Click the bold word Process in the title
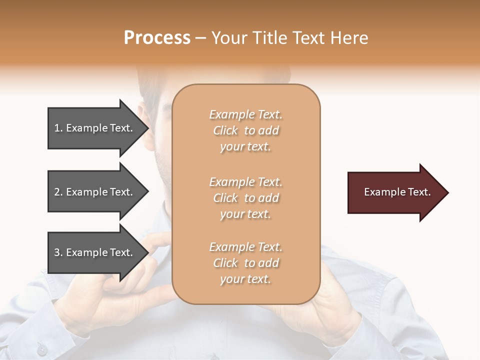pos(157,38)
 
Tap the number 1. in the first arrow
pos(58,128)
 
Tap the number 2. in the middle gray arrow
pos(58,192)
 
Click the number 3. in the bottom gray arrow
pos(58,252)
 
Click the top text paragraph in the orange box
pos(245,130)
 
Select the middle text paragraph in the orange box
pos(245,198)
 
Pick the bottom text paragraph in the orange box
pos(245,263)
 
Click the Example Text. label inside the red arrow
pos(397,192)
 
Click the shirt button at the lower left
pos(42,349)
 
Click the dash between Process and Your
pos(201,38)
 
